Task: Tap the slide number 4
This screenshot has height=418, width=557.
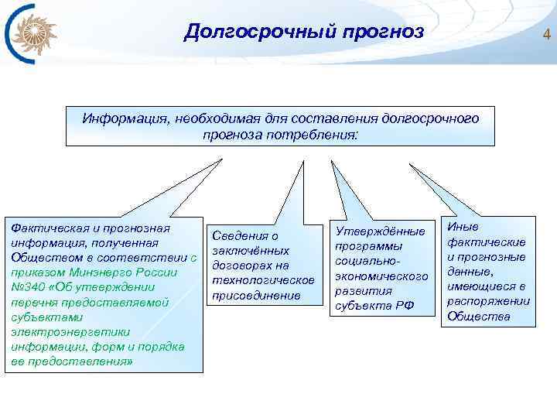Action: coord(546,34)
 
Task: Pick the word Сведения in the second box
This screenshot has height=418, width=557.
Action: coord(233,236)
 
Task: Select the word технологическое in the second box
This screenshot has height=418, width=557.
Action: coord(262,280)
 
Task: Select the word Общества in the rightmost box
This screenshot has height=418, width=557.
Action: coord(479,316)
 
